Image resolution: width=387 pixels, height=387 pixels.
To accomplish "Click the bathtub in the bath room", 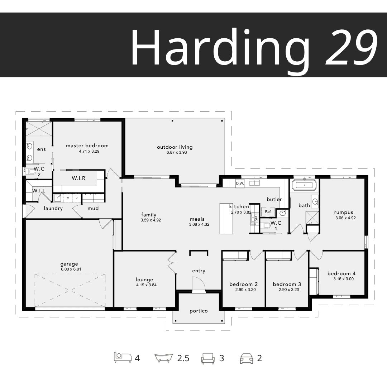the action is click(304, 185).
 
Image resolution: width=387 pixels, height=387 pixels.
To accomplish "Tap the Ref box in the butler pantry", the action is click(268, 212).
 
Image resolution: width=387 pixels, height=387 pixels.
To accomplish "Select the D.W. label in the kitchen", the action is click(240, 183).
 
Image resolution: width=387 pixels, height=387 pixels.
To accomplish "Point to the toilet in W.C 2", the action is click(30, 171).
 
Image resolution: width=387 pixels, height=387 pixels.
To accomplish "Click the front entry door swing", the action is click(199, 285).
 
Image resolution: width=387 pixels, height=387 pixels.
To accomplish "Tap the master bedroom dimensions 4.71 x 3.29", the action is click(89, 151).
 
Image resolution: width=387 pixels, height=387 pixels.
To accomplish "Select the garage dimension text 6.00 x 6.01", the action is click(71, 269).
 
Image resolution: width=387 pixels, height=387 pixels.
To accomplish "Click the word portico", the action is click(199, 311).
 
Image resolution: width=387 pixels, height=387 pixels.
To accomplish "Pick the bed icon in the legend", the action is click(123, 357).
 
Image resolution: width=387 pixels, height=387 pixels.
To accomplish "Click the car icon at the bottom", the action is click(247, 358).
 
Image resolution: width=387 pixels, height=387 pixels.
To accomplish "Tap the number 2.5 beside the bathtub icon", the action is click(183, 358).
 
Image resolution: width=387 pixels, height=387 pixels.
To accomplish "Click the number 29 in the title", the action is click(352, 47).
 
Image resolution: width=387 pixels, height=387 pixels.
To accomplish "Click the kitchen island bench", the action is click(226, 219).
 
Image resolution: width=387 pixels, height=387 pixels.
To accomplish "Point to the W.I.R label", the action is click(78, 178).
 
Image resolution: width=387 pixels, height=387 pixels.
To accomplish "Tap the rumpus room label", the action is click(344, 212).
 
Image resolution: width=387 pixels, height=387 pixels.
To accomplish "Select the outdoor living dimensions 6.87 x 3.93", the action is click(177, 152).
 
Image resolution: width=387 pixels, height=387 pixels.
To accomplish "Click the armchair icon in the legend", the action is click(208, 358).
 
